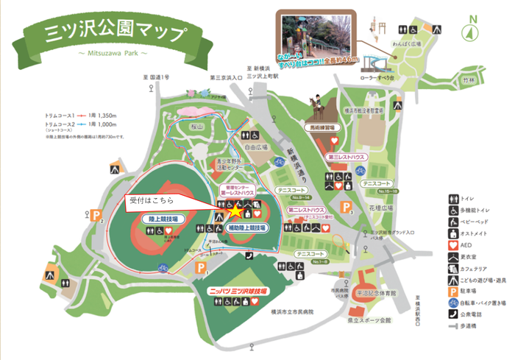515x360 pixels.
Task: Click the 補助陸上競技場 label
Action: pos(238,228)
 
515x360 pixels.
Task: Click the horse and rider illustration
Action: pos(319,107)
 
